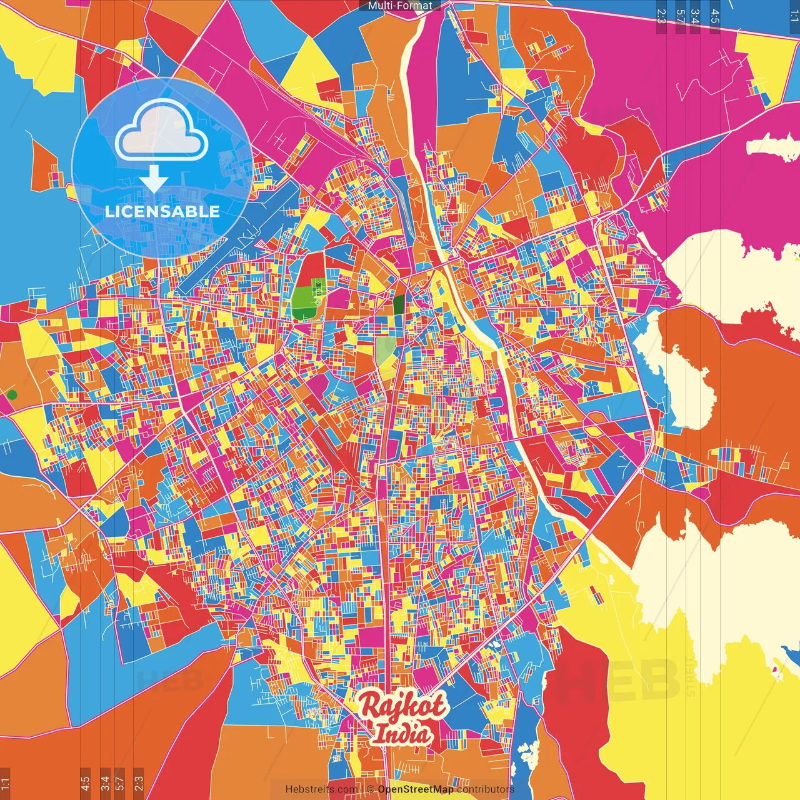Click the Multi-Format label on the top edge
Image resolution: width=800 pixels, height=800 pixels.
click(400, 6)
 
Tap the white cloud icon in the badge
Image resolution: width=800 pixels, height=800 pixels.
click(162, 132)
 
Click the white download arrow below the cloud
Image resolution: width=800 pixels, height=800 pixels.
click(154, 179)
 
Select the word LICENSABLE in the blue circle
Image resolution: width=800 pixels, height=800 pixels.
click(162, 211)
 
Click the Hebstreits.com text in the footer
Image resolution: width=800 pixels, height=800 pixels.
click(321, 789)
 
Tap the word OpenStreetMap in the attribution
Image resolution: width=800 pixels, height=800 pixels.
click(416, 789)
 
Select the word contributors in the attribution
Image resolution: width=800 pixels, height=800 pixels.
click(486, 789)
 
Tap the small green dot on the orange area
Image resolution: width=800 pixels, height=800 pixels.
click(12, 394)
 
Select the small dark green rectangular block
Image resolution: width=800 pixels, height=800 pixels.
click(398, 305)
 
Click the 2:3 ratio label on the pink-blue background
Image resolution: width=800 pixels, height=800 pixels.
click(661, 16)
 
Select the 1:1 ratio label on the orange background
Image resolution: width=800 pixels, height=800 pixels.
click(5, 783)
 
